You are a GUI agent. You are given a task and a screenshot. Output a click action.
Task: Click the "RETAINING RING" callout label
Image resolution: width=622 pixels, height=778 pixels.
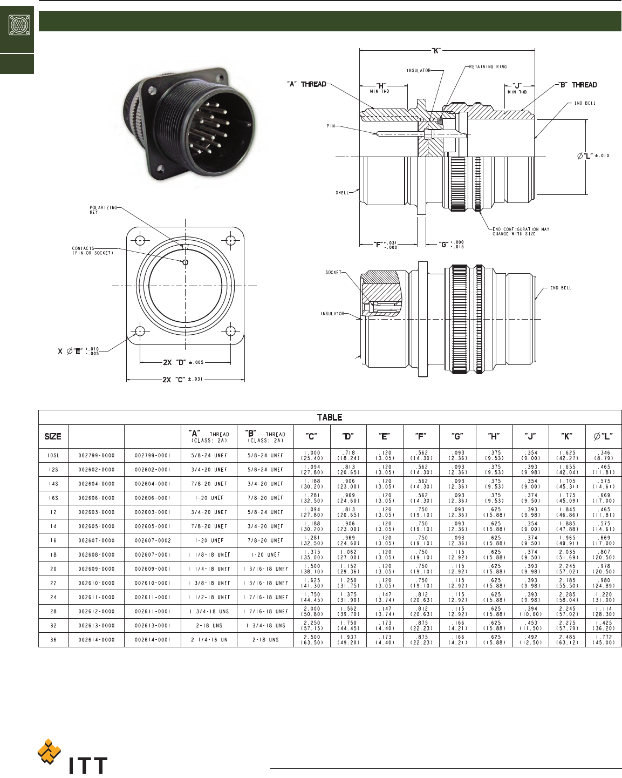488,67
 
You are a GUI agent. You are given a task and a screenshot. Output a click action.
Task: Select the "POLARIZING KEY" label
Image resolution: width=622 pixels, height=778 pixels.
103,210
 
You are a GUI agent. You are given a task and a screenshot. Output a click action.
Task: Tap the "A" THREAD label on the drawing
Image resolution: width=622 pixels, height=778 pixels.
306,84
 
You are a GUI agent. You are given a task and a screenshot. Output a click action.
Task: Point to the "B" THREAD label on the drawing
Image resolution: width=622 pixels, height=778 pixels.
577,85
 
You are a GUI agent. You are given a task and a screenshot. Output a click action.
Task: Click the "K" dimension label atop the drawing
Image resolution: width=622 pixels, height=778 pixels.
436,50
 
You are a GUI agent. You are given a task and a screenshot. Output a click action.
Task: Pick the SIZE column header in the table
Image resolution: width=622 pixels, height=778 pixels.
53,436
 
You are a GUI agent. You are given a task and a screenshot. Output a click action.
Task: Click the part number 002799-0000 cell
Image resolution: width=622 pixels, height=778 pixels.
97,456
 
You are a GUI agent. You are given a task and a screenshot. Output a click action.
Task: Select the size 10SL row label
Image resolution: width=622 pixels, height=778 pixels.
53,456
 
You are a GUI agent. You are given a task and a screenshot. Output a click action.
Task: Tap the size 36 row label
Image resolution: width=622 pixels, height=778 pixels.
53,640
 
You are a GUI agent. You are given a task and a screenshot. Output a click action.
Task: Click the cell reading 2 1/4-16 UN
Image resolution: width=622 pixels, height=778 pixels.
209,640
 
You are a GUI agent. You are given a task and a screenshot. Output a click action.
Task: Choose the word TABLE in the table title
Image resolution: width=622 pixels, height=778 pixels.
330,417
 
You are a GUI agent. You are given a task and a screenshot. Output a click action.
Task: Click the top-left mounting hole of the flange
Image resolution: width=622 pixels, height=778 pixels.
140,240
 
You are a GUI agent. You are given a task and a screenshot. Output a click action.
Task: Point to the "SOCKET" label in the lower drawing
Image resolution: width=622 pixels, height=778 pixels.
333,273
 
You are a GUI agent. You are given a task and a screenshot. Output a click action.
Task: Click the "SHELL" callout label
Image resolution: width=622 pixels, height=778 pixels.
343,193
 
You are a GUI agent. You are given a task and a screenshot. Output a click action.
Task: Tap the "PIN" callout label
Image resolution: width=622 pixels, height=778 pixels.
331,126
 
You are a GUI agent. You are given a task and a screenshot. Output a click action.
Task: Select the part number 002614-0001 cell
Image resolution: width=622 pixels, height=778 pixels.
153,640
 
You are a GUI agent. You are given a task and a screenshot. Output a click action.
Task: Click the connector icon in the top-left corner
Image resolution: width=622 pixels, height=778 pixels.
17,25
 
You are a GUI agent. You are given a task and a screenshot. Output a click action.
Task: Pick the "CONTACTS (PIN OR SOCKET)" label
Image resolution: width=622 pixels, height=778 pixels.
93,251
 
